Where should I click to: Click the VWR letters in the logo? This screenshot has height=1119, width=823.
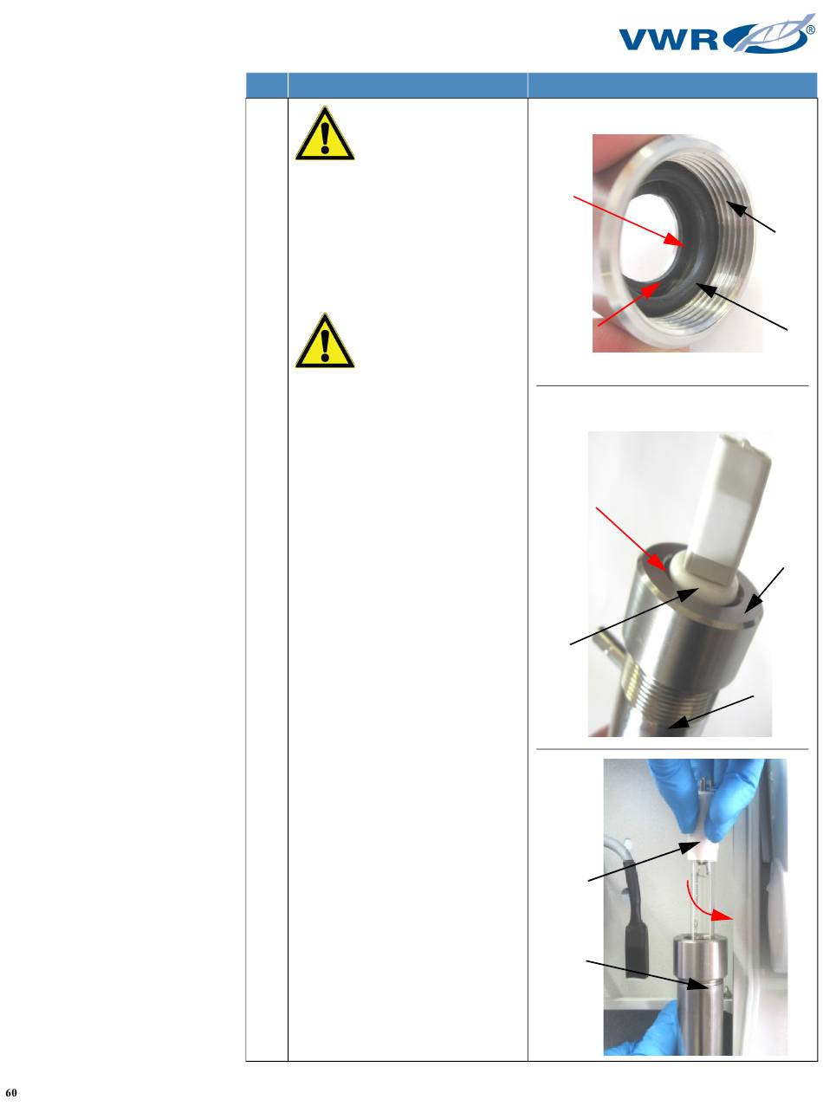click(669, 40)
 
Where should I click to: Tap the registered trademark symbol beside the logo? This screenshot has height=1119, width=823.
click(811, 30)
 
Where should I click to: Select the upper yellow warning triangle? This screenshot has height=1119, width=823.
click(325, 133)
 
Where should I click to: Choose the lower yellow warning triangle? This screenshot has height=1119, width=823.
click(325, 340)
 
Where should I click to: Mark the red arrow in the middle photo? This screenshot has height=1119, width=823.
click(632, 540)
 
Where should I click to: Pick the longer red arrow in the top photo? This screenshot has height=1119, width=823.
click(630, 221)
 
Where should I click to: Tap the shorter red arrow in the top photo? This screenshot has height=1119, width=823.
click(629, 304)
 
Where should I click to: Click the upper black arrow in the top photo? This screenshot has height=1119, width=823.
click(750, 217)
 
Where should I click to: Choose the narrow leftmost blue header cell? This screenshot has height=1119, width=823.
click(266, 85)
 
